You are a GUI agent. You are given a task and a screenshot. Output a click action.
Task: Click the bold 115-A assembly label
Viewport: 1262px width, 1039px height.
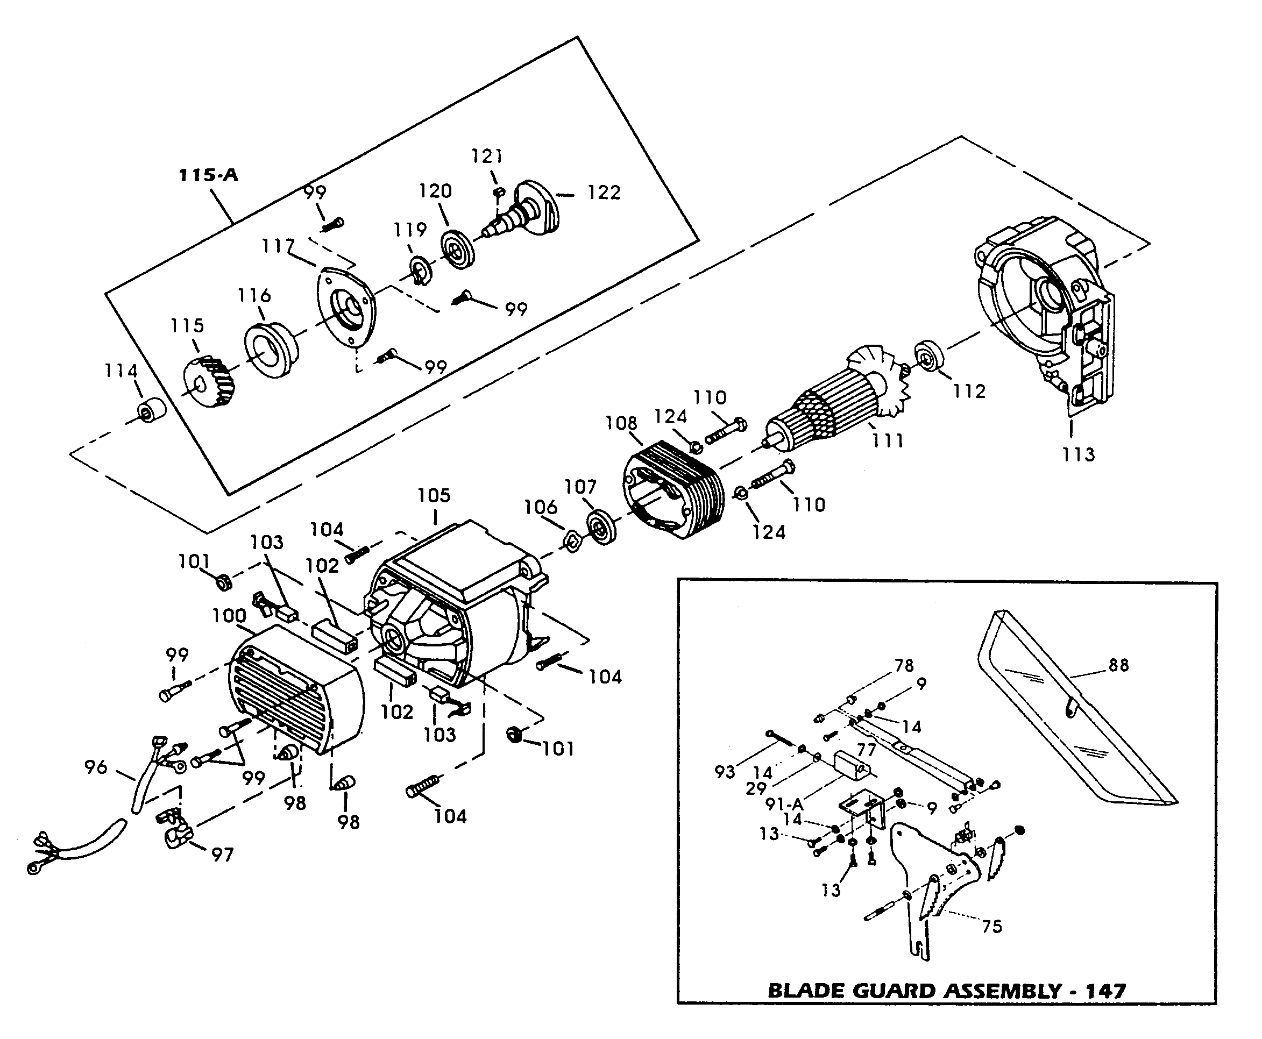[208, 175]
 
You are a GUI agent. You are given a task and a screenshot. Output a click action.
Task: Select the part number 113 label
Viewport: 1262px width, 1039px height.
[1078, 454]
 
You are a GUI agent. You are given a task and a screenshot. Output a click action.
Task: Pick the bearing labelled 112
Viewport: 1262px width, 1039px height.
[929, 357]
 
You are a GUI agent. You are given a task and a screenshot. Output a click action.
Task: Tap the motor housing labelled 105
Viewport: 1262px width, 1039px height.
[455, 604]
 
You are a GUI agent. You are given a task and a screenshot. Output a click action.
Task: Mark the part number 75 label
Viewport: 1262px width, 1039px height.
[991, 927]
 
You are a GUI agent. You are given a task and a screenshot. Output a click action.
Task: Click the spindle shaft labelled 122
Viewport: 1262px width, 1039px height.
[527, 210]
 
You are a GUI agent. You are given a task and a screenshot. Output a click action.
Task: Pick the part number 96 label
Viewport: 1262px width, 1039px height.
[96, 767]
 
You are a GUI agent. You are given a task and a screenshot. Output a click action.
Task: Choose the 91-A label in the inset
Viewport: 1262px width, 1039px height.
[784, 805]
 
